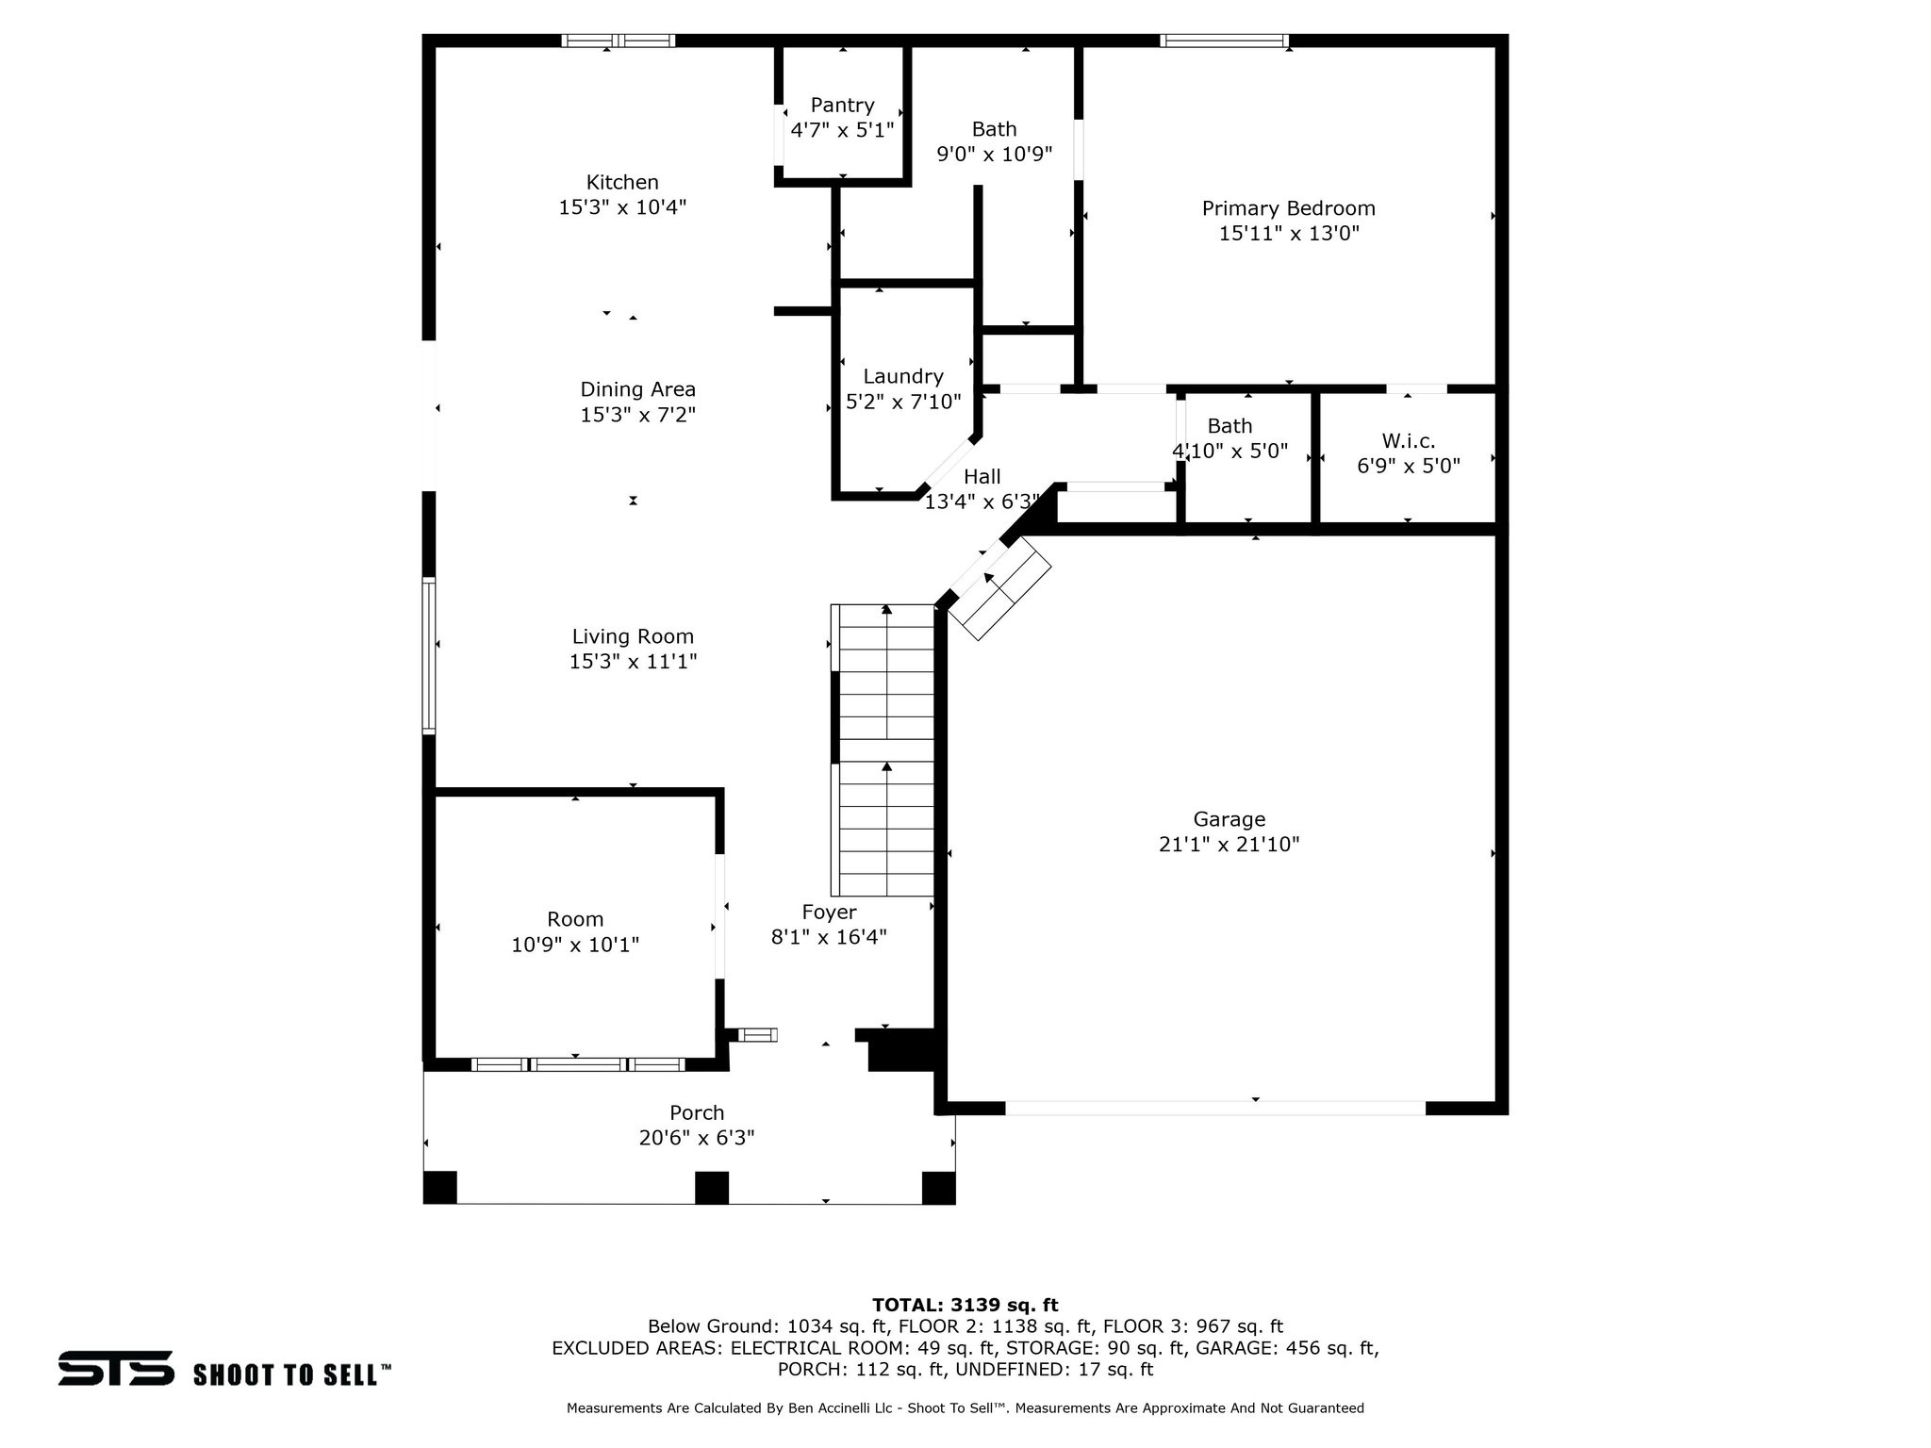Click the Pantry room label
click(842, 105)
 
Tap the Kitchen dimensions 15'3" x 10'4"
click(622, 207)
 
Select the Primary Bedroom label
click(1288, 208)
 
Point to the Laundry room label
click(902, 376)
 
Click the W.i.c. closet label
click(1408, 440)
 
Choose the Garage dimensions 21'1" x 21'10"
click(1229, 845)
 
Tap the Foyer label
click(829, 912)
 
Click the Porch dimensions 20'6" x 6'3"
click(697, 1138)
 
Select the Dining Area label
click(637, 389)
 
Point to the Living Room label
click(633, 636)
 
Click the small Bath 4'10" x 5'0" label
click(1230, 426)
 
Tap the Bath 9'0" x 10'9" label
click(994, 129)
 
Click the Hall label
click(982, 477)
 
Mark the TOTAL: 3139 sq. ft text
click(965, 1305)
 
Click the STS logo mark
click(116, 1368)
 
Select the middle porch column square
click(711, 1187)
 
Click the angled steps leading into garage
click(999, 594)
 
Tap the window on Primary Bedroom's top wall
click(1223, 41)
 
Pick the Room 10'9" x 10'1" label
click(575, 919)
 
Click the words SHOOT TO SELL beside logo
click(291, 1374)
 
